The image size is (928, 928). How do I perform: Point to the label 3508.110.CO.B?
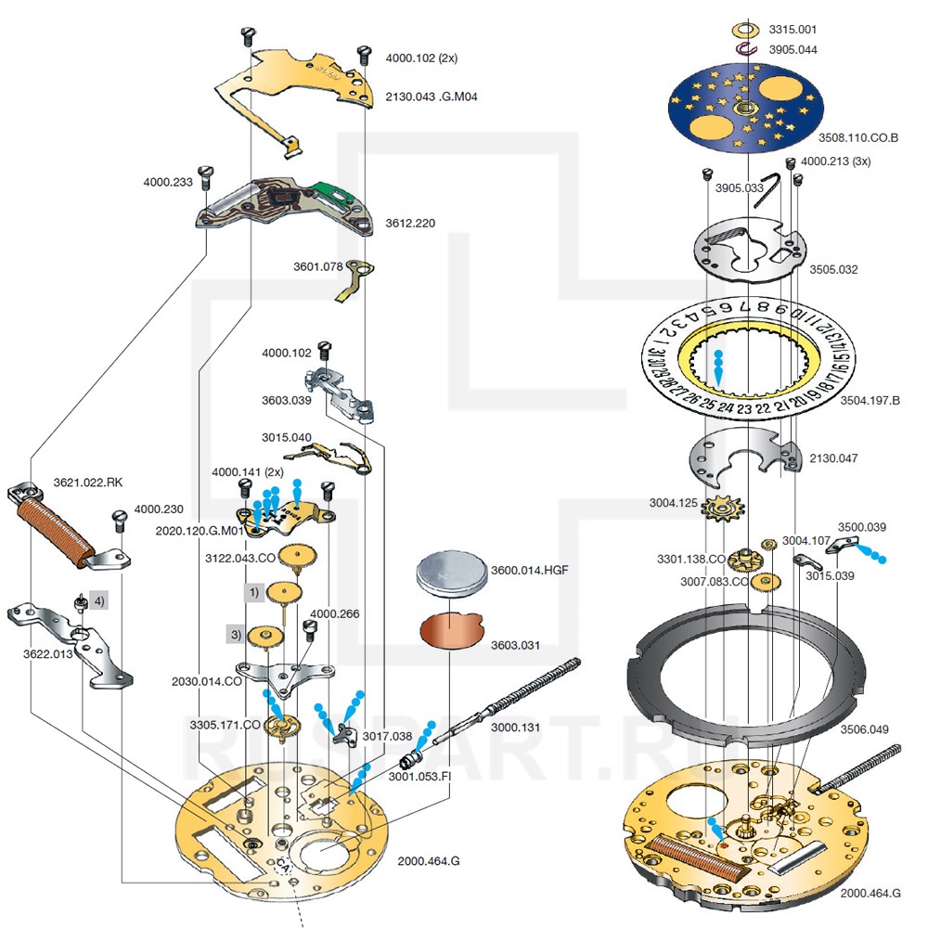coord(858,137)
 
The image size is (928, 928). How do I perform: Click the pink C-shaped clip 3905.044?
coord(746,48)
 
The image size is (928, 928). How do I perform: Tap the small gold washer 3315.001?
coord(746,29)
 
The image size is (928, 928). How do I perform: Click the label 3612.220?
coord(410,223)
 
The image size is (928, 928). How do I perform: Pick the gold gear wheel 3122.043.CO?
coord(299,557)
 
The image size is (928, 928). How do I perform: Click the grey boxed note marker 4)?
coord(98,600)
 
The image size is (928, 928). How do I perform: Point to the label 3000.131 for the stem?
coord(515,728)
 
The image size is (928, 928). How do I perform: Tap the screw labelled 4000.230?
coord(119,518)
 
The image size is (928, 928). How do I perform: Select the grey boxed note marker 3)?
coord(236,635)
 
